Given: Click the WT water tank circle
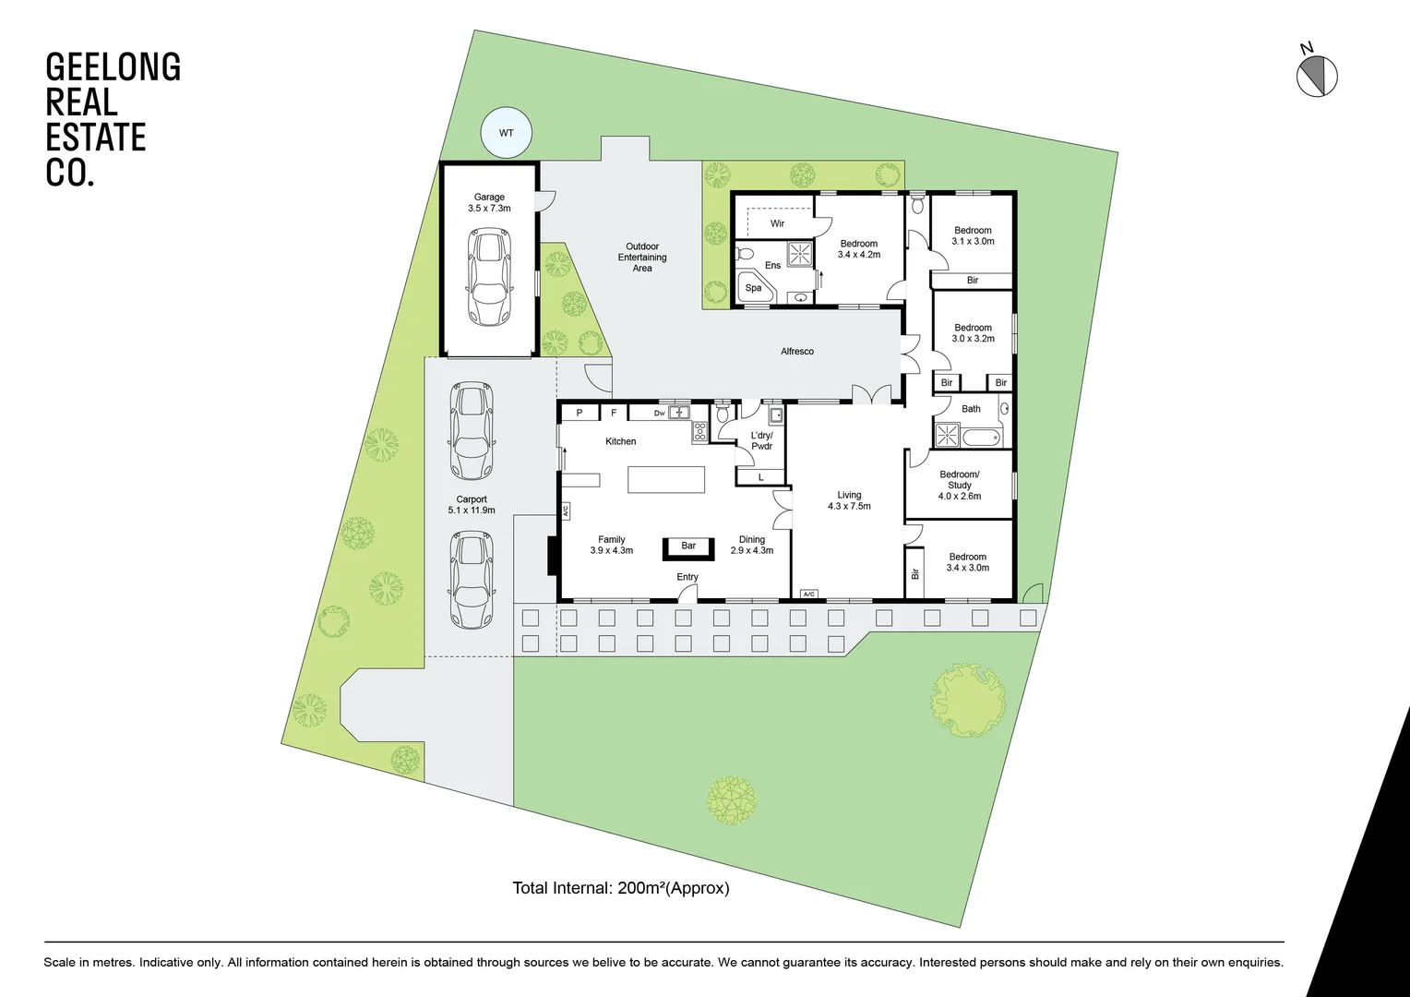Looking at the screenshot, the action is tap(506, 132).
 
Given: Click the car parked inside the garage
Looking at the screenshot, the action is tap(489, 277).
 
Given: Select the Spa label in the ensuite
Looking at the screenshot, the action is tap(754, 288).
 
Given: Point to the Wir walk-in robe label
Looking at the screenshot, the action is tap(777, 223).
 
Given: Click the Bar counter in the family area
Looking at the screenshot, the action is tap(688, 548).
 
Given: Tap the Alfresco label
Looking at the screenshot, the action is tap(797, 352).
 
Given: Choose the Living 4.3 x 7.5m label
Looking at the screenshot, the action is tap(849, 500).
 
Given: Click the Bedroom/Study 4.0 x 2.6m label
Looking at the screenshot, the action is tap(960, 485).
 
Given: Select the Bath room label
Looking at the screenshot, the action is tap(971, 409).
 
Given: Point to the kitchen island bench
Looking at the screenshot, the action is tap(666, 479).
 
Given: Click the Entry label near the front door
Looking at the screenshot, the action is tap(687, 577).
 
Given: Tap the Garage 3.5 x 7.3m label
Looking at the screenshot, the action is tap(489, 202).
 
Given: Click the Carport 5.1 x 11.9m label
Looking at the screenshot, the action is tap(472, 504).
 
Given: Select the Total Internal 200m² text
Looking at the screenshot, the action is tap(621, 888).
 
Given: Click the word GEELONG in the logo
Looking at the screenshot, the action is tap(114, 66).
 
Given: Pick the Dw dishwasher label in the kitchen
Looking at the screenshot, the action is tap(659, 414).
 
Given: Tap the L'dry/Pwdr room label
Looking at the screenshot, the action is tap(761, 441).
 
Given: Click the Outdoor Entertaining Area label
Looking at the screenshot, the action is tap(642, 257).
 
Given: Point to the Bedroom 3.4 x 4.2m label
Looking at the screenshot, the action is tap(858, 248).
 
